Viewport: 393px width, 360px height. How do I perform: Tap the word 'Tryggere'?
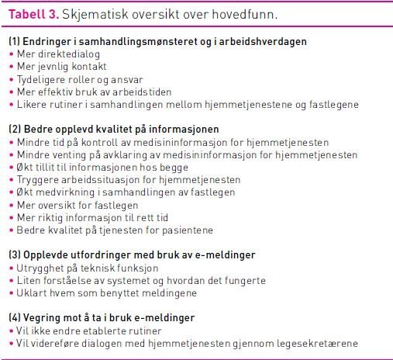[37, 180]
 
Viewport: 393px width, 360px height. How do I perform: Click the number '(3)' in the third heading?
[15, 254]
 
